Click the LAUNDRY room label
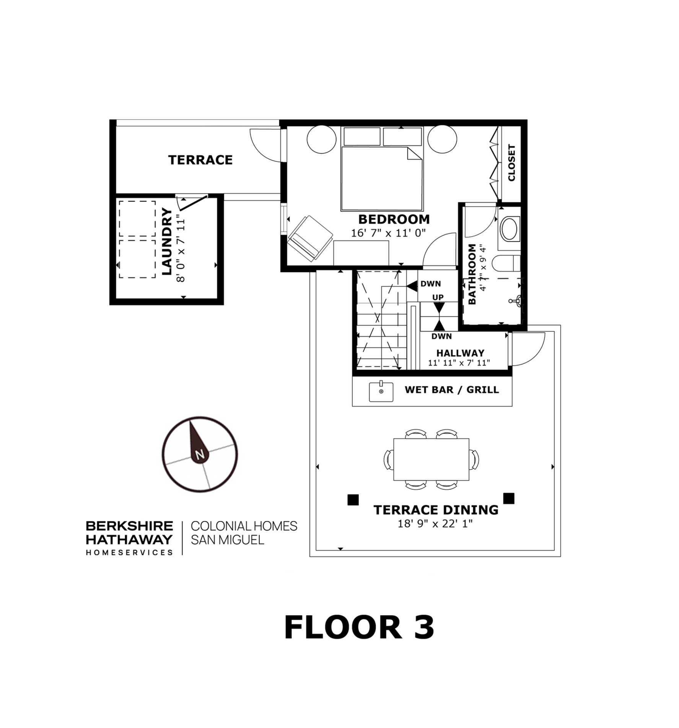[x=167, y=241]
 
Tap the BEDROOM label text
[x=394, y=219]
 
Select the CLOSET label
[x=511, y=162]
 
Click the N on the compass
[x=199, y=455]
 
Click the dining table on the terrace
[x=431, y=459]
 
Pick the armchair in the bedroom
[x=310, y=238]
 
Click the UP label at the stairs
[x=438, y=297]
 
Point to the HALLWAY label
[x=460, y=353]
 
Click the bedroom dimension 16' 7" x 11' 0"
[x=388, y=233]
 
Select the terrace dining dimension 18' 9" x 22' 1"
[x=435, y=523]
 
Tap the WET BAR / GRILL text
[x=452, y=390]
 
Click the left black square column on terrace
[x=353, y=500]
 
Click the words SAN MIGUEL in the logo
[x=228, y=540]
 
